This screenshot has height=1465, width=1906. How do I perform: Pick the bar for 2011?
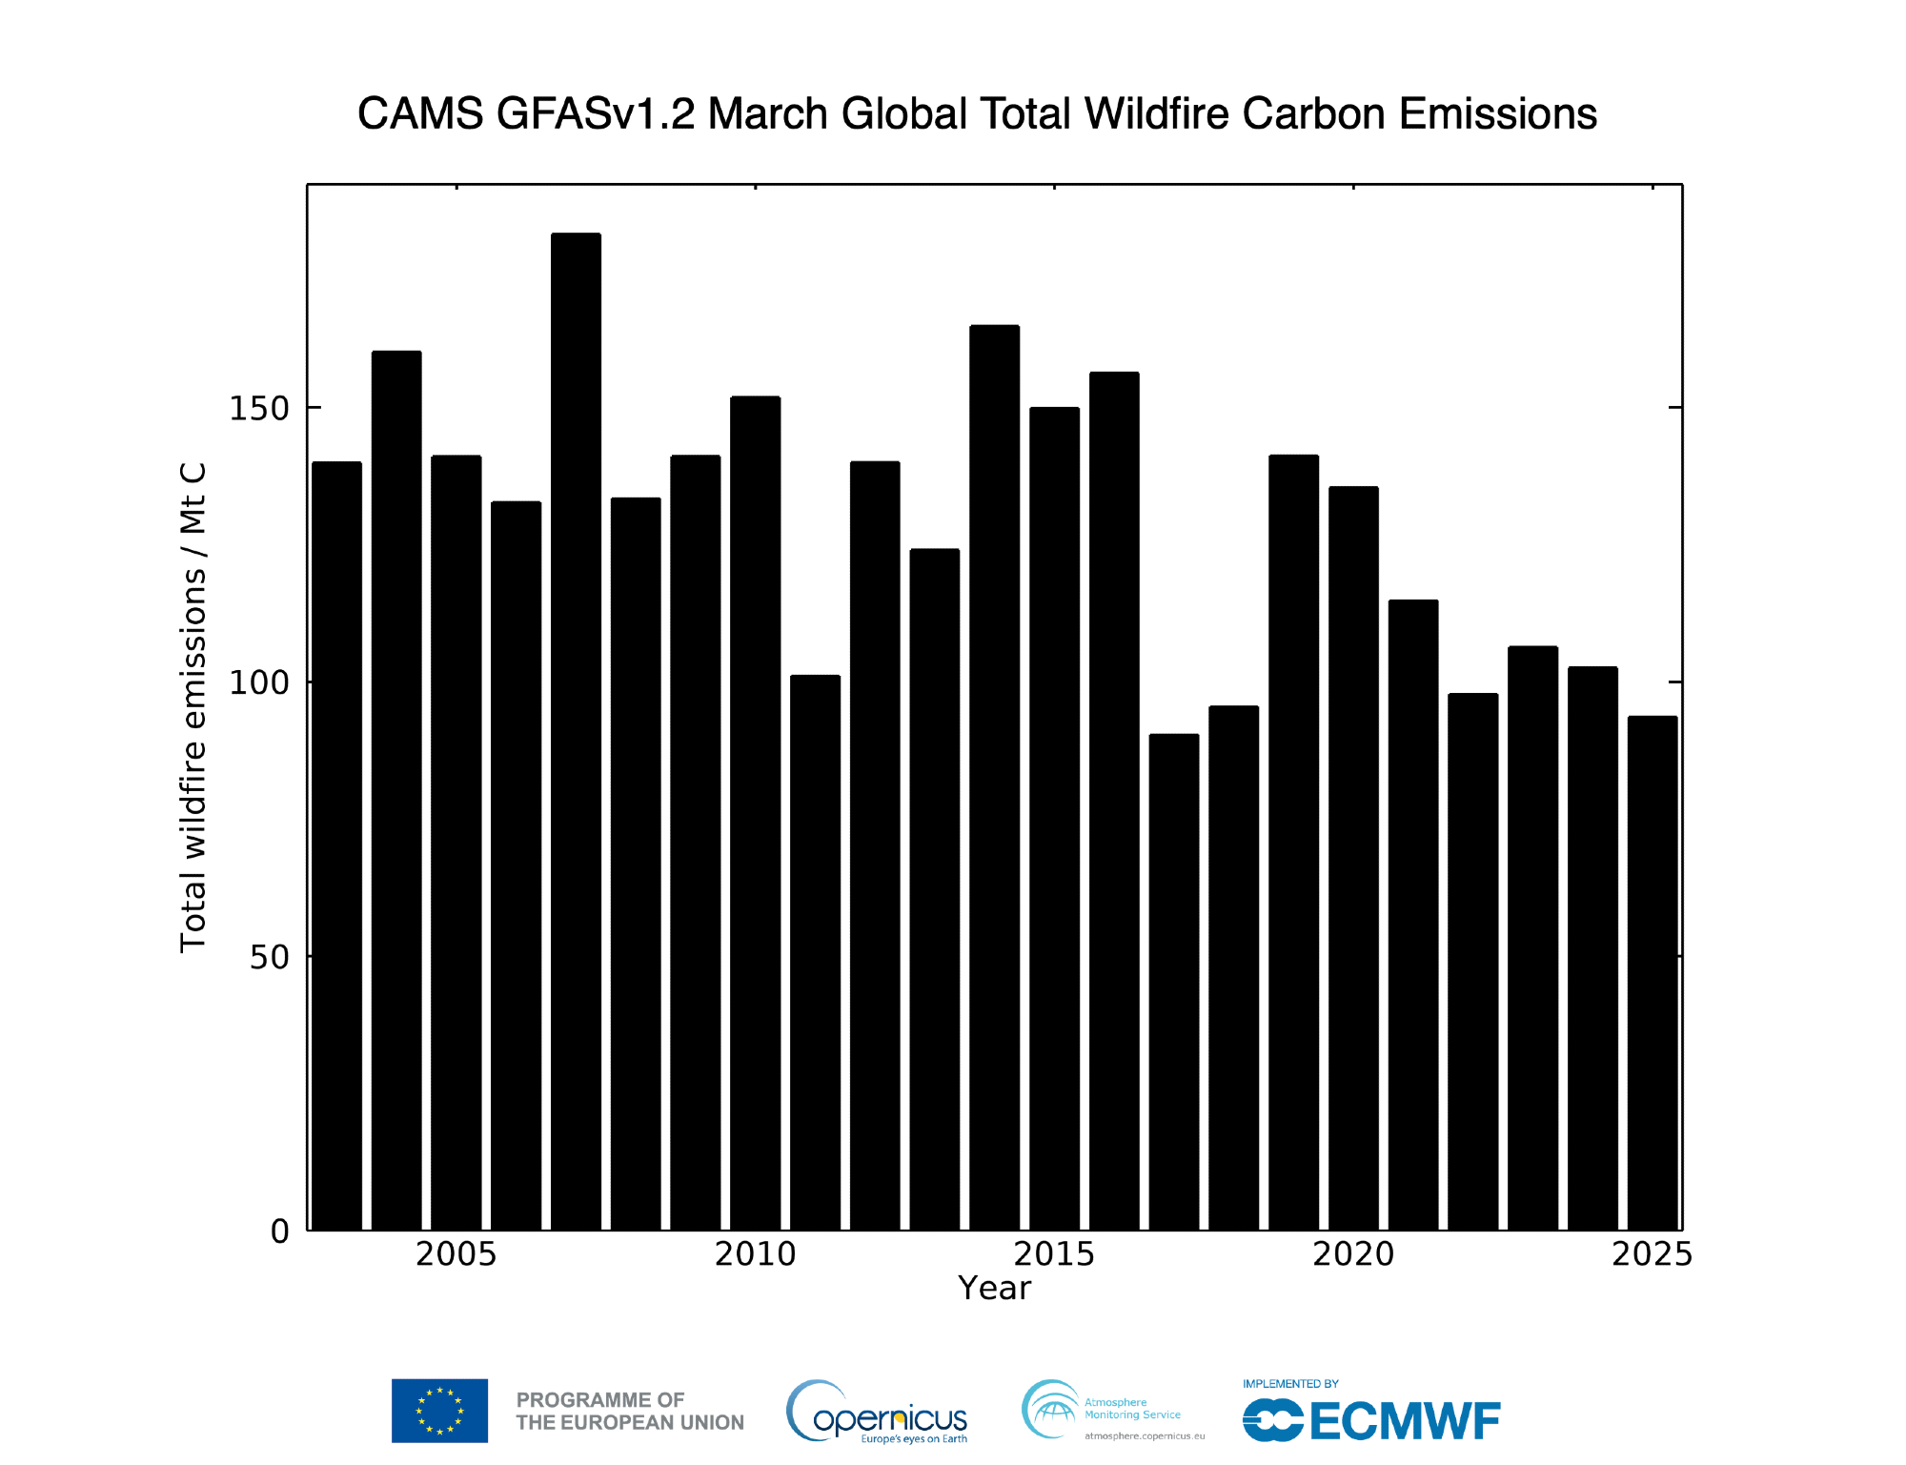(x=815, y=952)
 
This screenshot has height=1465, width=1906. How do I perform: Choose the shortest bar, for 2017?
(x=1174, y=982)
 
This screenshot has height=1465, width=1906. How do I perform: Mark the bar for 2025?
(x=1653, y=972)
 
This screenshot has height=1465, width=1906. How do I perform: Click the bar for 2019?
(x=1293, y=843)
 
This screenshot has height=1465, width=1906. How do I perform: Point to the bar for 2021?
(x=1413, y=915)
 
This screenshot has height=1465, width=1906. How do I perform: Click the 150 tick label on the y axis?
(x=258, y=408)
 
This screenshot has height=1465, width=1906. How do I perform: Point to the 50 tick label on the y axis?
(x=269, y=957)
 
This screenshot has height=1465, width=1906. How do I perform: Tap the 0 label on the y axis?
(x=279, y=1231)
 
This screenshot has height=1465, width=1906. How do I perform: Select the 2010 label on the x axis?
(x=755, y=1254)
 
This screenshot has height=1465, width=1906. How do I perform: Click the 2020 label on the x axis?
(x=1353, y=1254)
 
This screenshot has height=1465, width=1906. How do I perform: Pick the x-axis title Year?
(x=994, y=1289)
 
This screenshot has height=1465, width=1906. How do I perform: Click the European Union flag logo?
(x=439, y=1411)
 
